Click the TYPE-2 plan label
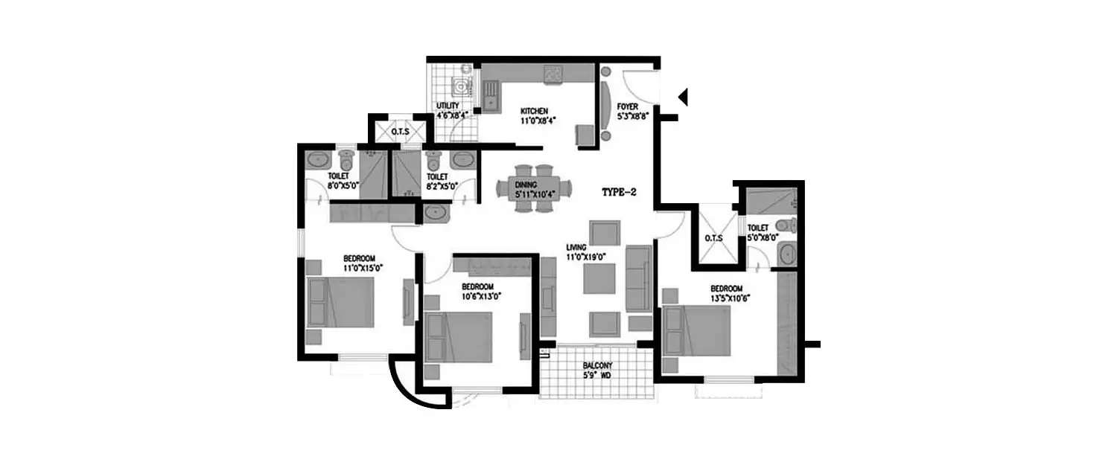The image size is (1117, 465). tap(617, 192)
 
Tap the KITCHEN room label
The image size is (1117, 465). tap(534, 111)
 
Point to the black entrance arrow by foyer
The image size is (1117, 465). tap(683, 96)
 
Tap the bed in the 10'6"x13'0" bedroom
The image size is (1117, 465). tap(458, 337)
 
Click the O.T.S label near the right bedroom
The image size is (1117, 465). tap(713, 240)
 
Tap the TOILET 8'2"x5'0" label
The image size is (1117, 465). tap(436, 182)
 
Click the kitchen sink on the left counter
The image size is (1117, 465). tap(490, 95)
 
